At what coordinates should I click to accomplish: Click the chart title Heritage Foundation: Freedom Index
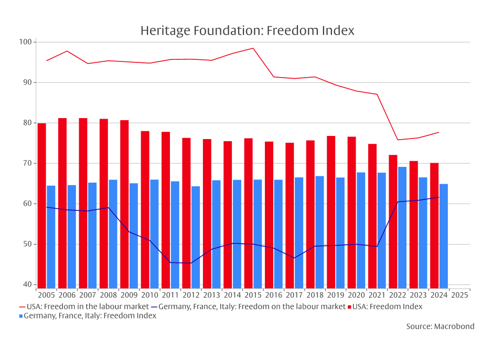(x=247, y=31)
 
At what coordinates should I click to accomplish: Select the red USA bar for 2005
(x=42, y=205)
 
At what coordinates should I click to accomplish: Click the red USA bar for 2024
(x=434, y=225)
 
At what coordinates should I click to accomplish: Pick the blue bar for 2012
(x=196, y=236)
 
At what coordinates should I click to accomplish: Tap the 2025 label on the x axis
(x=459, y=295)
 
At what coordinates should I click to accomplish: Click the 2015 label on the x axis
(x=253, y=295)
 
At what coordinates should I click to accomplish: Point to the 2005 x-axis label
(x=46, y=295)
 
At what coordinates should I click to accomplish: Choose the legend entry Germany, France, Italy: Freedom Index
(x=90, y=316)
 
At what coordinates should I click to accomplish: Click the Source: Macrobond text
(x=440, y=326)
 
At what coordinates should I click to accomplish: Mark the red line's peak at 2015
(x=253, y=48)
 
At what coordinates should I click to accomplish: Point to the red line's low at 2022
(x=398, y=140)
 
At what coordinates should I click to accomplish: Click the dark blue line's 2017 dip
(x=295, y=258)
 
